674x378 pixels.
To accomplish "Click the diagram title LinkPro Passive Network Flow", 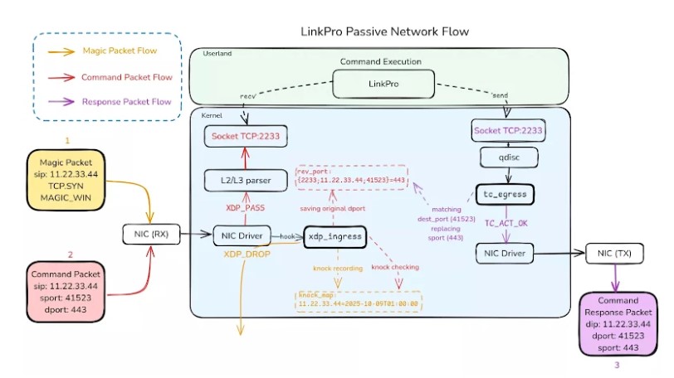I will coord(384,31).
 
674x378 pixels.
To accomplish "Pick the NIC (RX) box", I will coord(150,235).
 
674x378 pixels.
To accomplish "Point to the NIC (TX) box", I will coord(615,252).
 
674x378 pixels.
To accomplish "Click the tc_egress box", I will coord(506,195).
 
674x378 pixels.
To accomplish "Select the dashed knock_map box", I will coord(359,300).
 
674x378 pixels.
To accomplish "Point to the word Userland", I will coord(217,54).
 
